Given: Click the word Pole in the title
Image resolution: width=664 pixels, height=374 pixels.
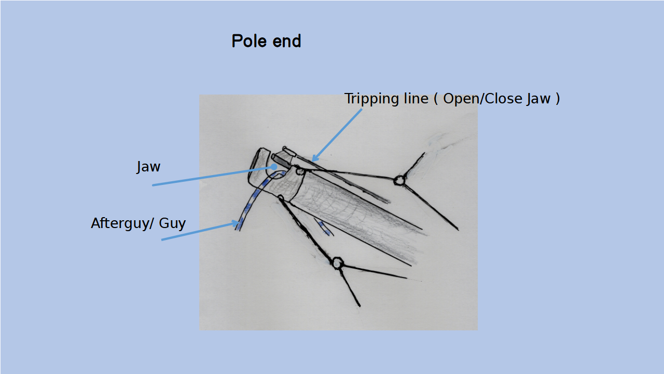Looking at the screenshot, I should tap(246, 41).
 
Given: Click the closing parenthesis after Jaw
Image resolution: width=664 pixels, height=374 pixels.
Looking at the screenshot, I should tap(558, 99).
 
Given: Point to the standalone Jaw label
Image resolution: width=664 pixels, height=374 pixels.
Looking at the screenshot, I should tap(148, 167).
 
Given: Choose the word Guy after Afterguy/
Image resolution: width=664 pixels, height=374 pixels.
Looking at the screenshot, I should tap(172, 223).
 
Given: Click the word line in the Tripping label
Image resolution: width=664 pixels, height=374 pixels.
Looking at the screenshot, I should tap(416, 99).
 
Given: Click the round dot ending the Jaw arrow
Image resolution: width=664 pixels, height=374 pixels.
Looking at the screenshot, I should tap(274, 167).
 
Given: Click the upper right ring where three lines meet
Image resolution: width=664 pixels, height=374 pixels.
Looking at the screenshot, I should tap(398, 180).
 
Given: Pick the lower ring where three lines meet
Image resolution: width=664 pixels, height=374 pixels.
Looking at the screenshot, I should tap(337, 263).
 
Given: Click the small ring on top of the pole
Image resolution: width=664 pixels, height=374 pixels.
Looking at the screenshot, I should tap(299, 170).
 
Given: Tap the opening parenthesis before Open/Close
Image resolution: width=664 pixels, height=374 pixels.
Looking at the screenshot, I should tap(435, 99).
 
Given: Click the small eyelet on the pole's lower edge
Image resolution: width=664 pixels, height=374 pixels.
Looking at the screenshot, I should tap(280, 198).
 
